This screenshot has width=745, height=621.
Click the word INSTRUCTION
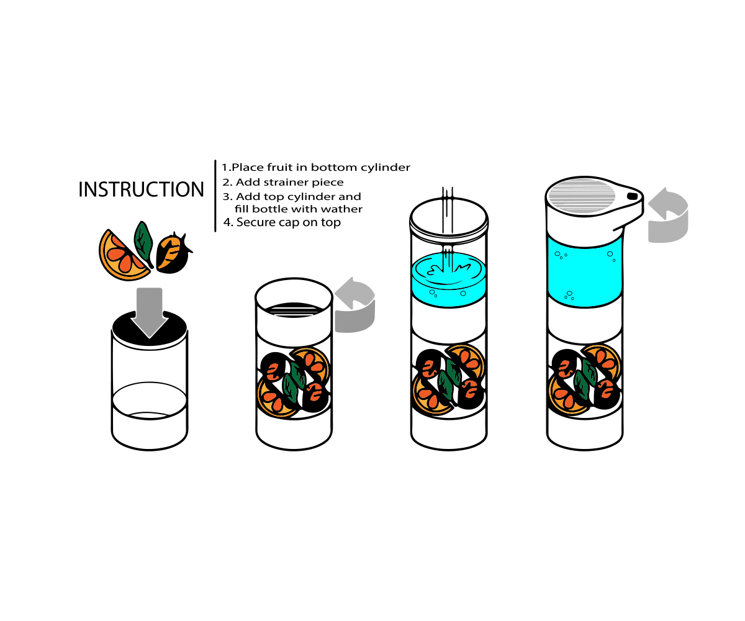point(141,189)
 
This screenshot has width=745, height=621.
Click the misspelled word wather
point(340,209)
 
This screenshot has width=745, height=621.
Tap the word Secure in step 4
point(256,222)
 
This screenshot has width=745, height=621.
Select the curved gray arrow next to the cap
point(668,215)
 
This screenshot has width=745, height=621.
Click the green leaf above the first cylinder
point(143,240)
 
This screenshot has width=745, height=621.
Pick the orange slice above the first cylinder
point(121,255)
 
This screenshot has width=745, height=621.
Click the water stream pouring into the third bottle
point(448,224)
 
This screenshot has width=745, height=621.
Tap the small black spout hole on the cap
point(632,196)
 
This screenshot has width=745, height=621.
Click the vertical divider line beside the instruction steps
point(215,195)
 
